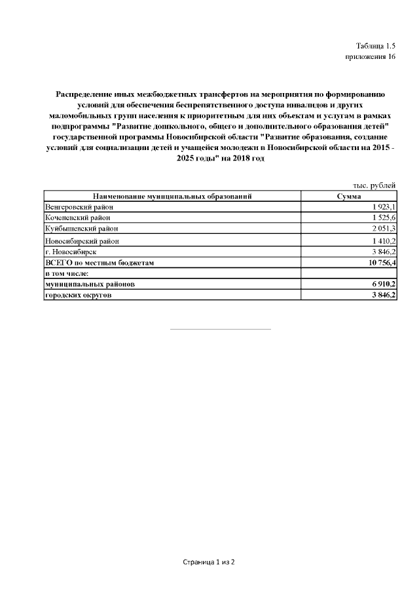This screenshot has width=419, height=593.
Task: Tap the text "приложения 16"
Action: pyautogui.click(x=371, y=57)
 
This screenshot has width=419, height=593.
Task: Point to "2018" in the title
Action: pyautogui.click(x=234, y=159)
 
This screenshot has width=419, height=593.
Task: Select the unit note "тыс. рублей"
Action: pyautogui.click(x=374, y=185)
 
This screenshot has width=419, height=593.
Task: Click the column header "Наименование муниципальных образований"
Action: pyautogui.click(x=172, y=196)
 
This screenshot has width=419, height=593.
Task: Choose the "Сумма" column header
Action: pyautogui.click(x=348, y=196)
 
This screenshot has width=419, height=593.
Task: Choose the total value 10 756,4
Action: pyautogui.click(x=379, y=262)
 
